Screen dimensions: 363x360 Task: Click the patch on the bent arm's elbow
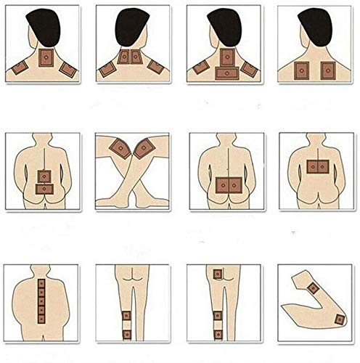314,287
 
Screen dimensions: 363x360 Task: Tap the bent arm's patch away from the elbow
339,318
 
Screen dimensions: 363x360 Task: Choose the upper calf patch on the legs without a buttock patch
126,316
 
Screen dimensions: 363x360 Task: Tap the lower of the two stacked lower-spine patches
46,188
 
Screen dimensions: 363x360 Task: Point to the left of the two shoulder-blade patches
300,70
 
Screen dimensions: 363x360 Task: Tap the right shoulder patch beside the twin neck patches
156,68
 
